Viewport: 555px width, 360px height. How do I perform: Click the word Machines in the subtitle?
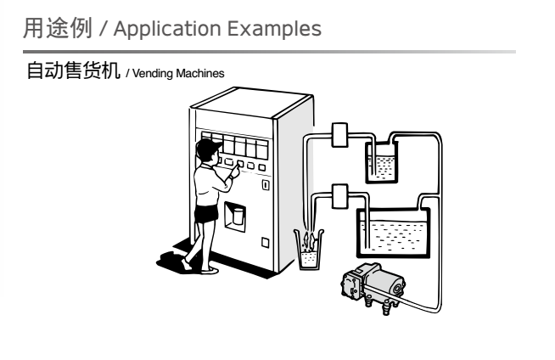pos(202,74)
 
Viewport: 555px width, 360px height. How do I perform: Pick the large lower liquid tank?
pos(393,228)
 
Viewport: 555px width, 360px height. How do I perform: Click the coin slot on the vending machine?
pos(266,183)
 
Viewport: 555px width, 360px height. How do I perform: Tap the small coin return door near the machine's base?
pos(266,242)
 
